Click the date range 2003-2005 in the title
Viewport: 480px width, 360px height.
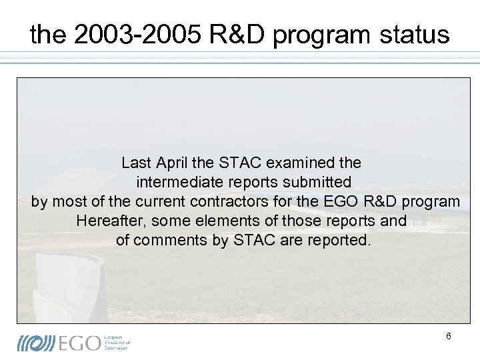tap(135, 35)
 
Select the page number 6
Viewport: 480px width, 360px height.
tap(449, 337)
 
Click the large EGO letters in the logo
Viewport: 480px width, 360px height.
tap(80, 343)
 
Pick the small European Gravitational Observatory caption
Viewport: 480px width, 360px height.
tap(117, 343)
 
